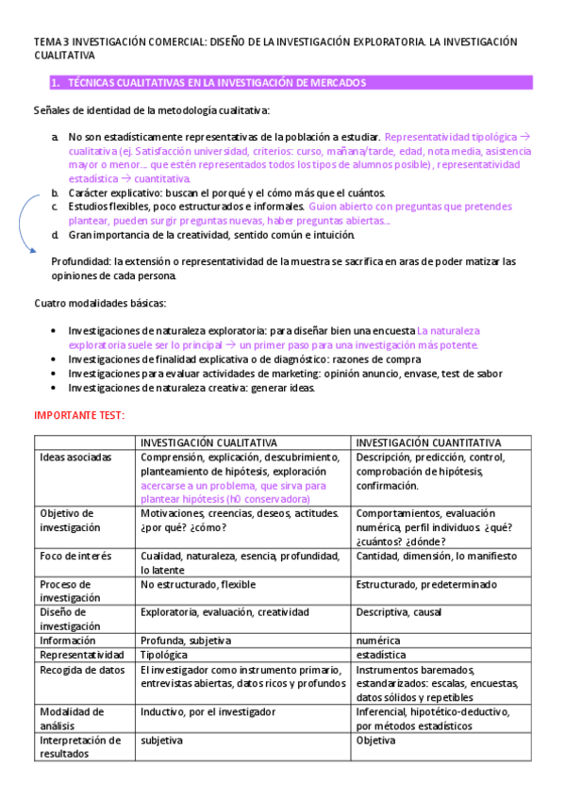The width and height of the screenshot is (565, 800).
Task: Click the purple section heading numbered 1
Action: tap(208, 83)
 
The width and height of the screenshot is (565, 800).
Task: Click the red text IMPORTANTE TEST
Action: tap(79, 415)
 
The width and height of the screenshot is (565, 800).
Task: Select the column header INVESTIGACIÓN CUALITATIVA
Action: tap(208, 442)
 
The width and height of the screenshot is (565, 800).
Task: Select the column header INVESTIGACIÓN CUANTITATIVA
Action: tap(428, 442)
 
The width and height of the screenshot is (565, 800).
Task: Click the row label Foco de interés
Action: tap(74, 556)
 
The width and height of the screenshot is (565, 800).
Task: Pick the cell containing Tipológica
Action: tap(164, 654)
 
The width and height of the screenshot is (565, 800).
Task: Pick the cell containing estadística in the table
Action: tap(381, 654)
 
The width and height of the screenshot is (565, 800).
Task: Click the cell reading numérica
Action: tap(377, 640)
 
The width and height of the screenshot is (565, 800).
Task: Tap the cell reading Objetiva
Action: tap(376, 741)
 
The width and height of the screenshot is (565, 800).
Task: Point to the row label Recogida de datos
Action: tap(82, 669)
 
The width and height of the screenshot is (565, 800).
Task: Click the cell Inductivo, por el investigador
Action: tap(208, 711)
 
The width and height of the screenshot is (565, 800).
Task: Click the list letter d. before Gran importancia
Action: tap(57, 235)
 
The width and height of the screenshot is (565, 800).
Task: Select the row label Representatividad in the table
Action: tap(82, 654)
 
